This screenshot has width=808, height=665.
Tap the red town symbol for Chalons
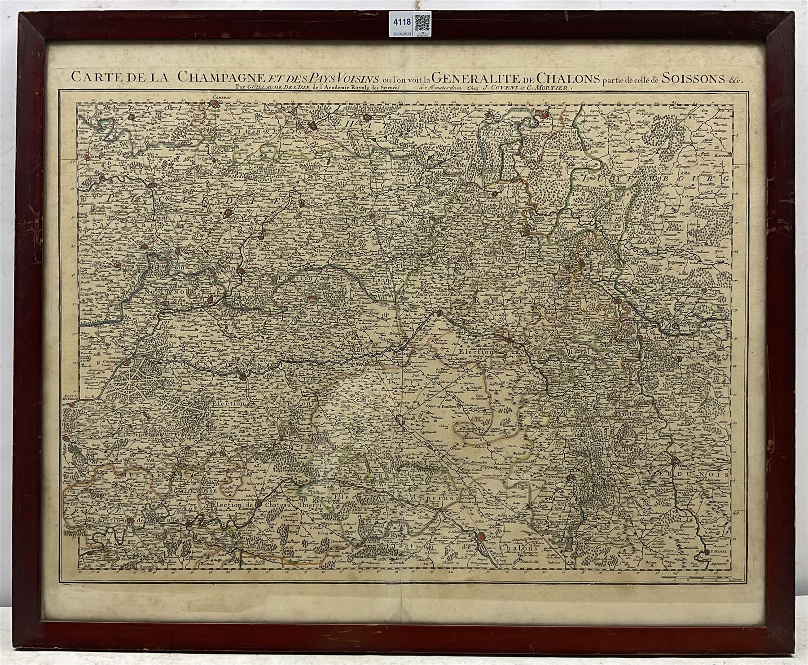tap(481, 536)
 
